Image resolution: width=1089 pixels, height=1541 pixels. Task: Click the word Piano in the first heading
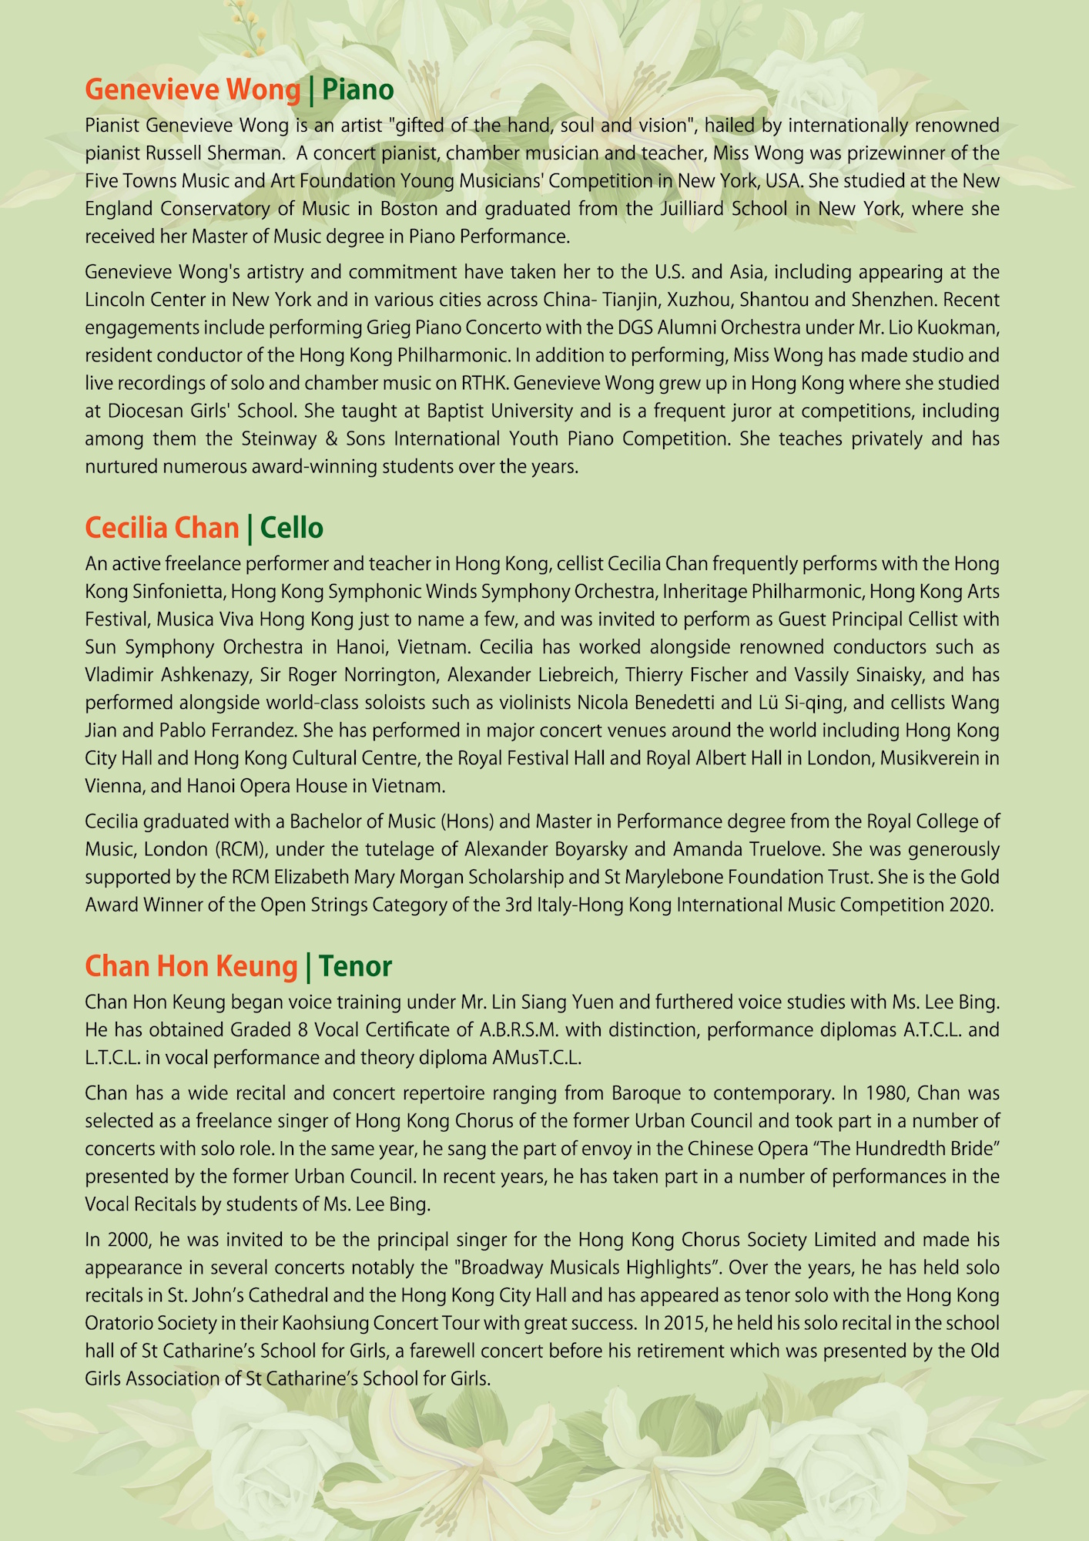click(x=357, y=90)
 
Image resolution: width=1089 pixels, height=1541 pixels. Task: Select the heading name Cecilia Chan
click(x=162, y=529)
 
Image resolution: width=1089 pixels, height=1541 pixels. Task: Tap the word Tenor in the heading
click(x=355, y=966)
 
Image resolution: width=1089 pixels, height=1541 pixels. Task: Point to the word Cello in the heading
click(x=291, y=529)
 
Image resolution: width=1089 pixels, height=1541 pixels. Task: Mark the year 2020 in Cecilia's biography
click(x=971, y=905)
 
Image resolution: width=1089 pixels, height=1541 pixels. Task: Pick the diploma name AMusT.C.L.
click(x=536, y=1058)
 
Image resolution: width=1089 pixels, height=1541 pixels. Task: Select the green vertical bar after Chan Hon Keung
click(x=308, y=966)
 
